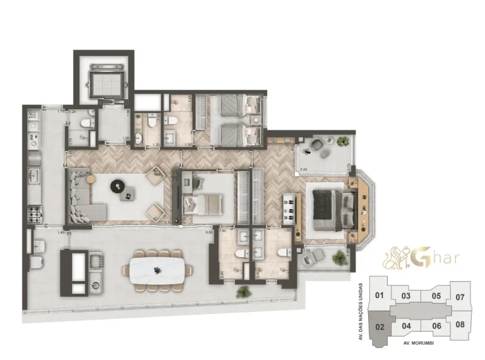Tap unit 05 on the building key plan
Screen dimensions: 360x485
coord(436,295)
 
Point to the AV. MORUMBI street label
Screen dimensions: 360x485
coord(420,343)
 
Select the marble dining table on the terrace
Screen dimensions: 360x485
coord(158,270)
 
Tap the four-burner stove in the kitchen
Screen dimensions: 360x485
coord(33,215)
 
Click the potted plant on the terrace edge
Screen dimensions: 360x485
coord(244,291)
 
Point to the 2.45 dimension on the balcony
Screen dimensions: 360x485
coord(303,169)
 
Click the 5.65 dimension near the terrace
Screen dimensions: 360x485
coord(208,232)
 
